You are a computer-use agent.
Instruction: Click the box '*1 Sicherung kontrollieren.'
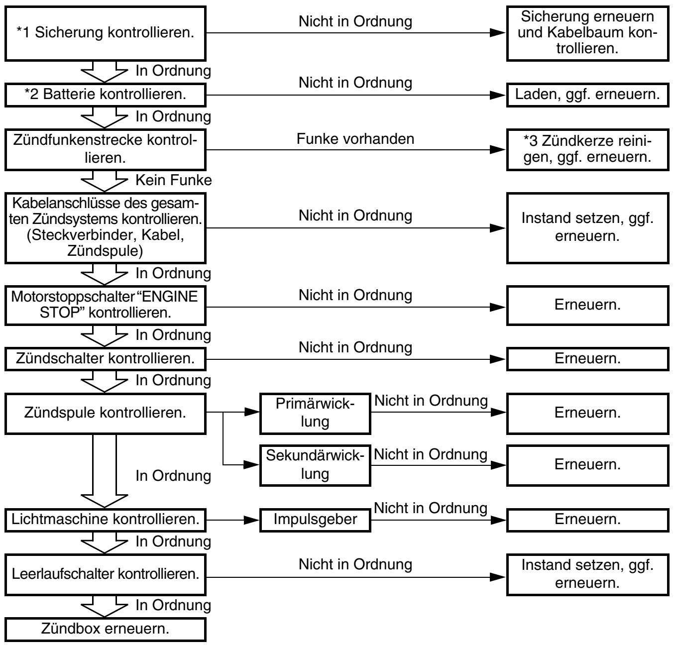click(106, 33)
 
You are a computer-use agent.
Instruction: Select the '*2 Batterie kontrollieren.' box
click(106, 95)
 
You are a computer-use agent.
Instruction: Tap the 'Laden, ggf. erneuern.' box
click(587, 95)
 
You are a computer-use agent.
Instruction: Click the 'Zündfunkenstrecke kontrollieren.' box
click(106, 150)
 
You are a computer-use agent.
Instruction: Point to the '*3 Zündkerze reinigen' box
click(587, 150)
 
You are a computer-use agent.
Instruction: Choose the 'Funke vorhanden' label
click(355, 139)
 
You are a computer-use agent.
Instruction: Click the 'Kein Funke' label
click(173, 180)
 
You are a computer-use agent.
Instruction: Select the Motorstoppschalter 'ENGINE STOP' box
click(106, 306)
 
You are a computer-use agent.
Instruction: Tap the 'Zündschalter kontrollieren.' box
click(106, 359)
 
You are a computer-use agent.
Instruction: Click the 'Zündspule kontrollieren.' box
click(106, 413)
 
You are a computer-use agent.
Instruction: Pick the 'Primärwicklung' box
click(315, 413)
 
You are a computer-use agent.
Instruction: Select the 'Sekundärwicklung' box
click(315, 465)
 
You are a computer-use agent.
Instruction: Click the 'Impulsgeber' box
click(315, 520)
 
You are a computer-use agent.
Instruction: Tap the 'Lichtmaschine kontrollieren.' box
click(106, 520)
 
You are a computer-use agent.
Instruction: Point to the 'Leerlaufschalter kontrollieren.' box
click(106, 574)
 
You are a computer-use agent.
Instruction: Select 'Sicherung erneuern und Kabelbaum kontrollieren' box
click(587, 33)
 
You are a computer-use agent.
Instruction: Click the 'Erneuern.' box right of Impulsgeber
click(587, 520)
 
